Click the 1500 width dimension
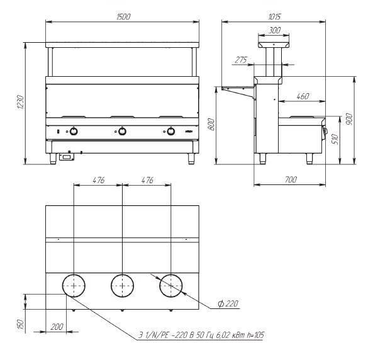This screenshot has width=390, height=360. coord(123,16)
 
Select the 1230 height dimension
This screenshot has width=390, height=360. coord(20,102)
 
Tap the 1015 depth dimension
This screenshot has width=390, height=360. coord(275,16)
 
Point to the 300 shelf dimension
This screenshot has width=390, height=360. coord(275,30)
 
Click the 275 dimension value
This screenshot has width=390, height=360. coord(241,60)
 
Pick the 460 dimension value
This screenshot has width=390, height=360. coord(303,96)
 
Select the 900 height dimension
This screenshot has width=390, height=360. coord(350,119)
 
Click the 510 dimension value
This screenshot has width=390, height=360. coord(335,139)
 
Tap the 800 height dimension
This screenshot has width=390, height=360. coord(211,124)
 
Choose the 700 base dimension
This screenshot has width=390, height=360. coord(291,179)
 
